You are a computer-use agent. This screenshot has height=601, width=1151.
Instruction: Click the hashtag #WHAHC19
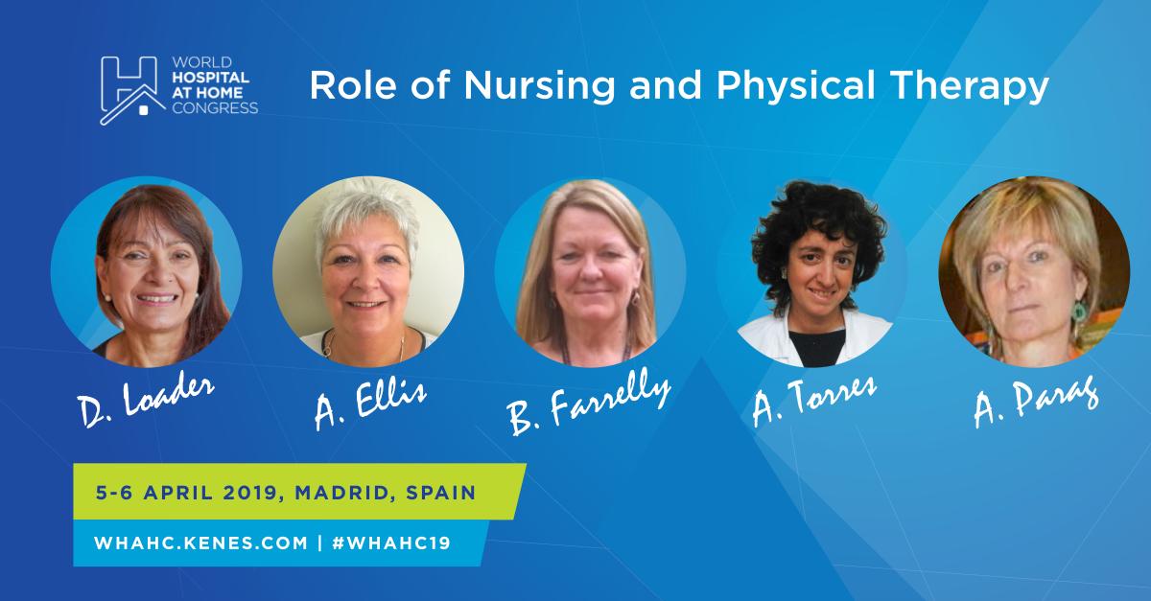click(x=389, y=542)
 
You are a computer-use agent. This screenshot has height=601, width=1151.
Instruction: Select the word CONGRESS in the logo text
click(x=212, y=108)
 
